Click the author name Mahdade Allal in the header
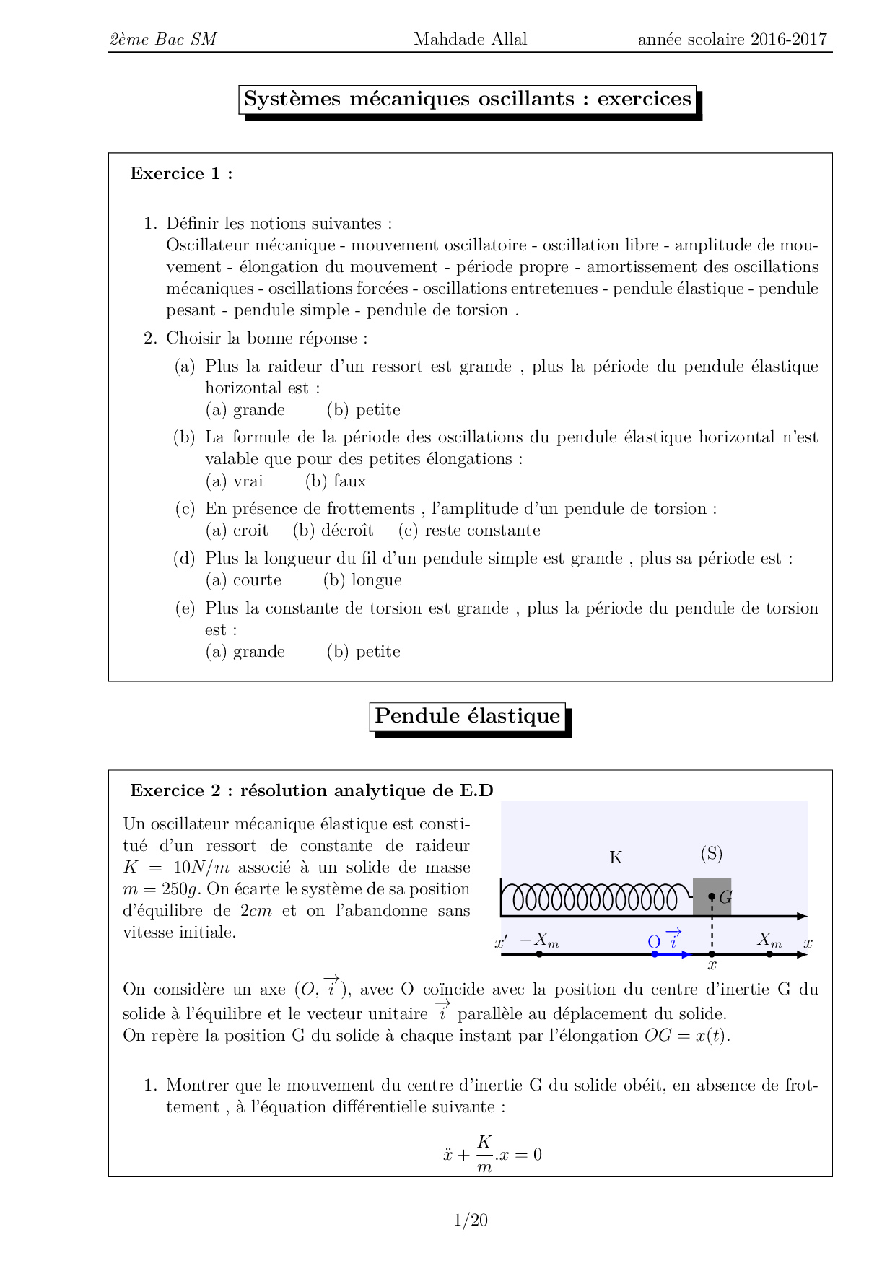(x=470, y=39)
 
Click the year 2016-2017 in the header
(x=788, y=39)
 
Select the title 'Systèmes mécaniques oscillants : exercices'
(x=468, y=99)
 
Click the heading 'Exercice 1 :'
(x=181, y=173)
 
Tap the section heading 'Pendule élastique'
(x=467, y=716)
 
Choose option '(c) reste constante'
(x=469, y=531)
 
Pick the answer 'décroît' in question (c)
(x=346, y=531)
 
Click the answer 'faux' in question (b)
(x=349, y=481)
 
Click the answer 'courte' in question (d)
(x=257, y=580)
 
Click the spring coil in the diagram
(x=595, y=899)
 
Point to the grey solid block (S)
(x=704, y=897)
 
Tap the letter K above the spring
(x=616, y=857)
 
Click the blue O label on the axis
(x=654, y=942)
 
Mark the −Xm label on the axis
(x=539, y=940)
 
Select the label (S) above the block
(x=712, y=854)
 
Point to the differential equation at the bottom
(x=493, y=1153)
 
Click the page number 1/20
(x=471, y=1220)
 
